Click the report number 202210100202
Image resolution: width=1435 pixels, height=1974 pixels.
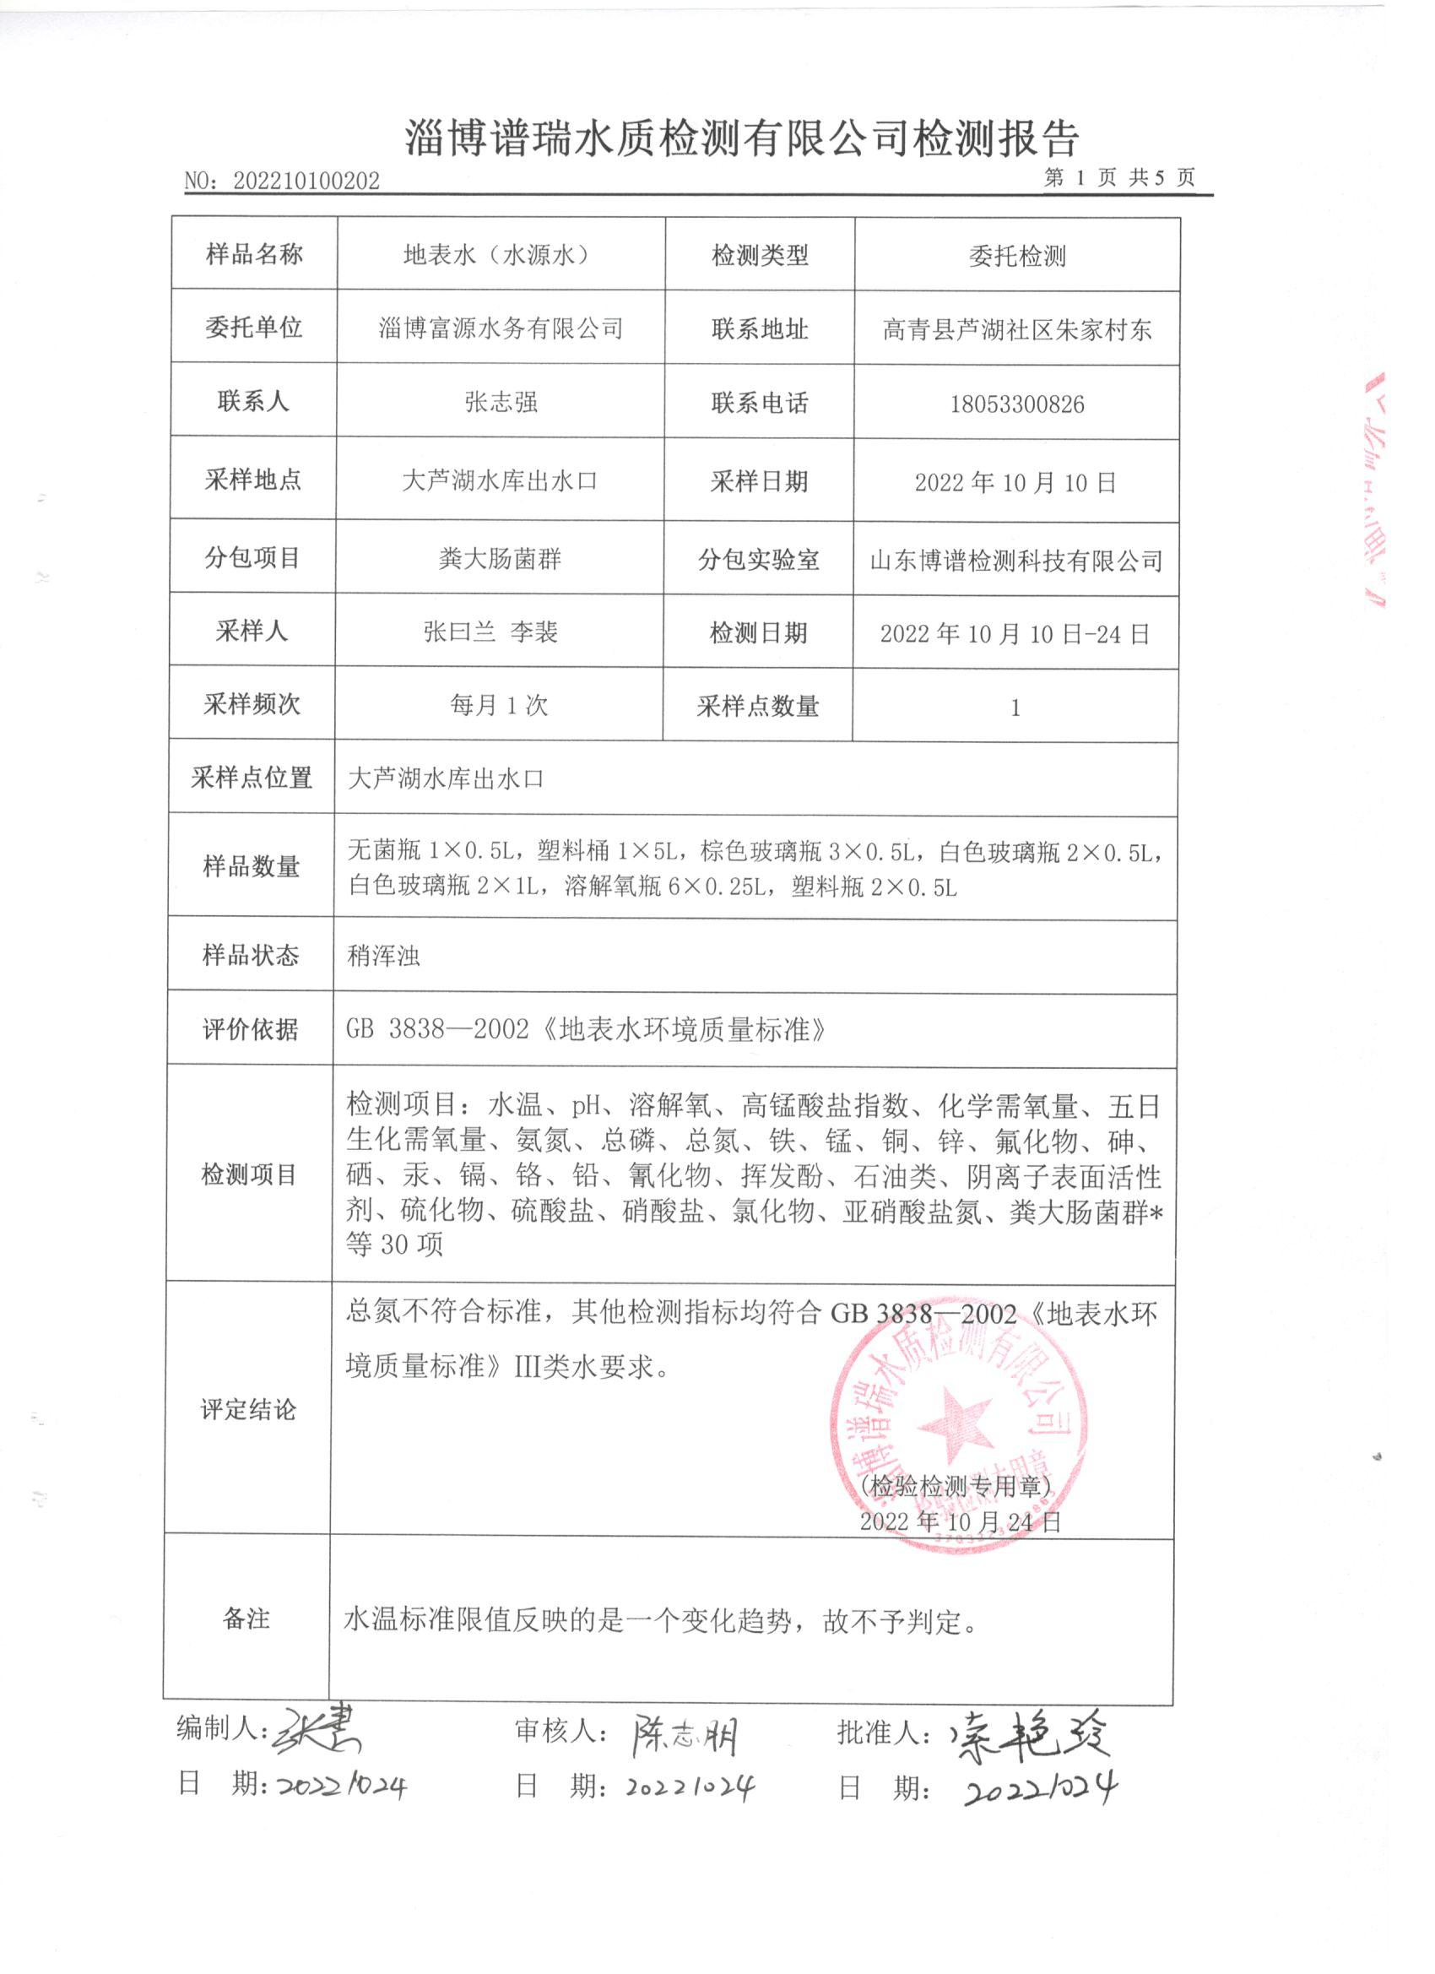(x=306, y=181)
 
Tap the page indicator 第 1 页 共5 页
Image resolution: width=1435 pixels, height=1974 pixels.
(x=1119, y=178)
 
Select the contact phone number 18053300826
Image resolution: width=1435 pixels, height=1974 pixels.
(x=1016, y=404)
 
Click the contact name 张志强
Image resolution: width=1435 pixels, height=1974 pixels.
(x=501, y=401)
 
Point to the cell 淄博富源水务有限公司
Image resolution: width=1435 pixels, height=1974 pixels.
(x=501, y=328)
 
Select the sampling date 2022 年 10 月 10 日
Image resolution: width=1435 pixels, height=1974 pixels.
(x=1015, y=482)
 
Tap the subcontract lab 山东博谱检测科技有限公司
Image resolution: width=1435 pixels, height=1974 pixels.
(x=1015, y=561)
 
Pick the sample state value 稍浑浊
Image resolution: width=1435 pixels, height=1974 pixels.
(x=383, y=956)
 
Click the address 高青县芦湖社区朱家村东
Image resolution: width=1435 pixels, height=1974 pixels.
(x=1016, y=329)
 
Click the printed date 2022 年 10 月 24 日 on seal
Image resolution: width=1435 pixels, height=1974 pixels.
(x=960, y=1521)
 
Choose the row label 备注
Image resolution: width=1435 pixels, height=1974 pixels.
(x=246, y=1619)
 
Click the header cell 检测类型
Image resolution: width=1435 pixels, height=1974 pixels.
(x=760, y=255)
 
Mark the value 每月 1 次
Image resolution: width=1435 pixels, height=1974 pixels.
(x=499, y=704)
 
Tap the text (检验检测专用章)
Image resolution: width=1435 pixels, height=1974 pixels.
(x=956, y=1486)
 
